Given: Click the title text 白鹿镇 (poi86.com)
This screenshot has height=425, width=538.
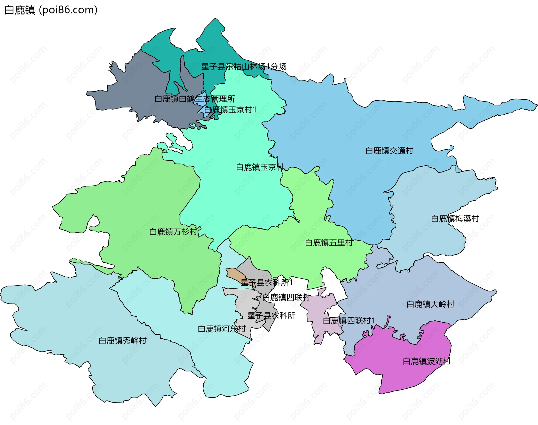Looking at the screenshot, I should pyautogui.click(x=51, y=10).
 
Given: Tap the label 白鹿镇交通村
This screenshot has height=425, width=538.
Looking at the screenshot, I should pyautogui.click(x=389, y=151).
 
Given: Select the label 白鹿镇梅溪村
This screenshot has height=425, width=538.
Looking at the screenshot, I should pyautogui.click(x=455, y=219).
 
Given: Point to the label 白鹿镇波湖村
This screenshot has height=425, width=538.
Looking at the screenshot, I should pyautogui.click(x=426, y=361).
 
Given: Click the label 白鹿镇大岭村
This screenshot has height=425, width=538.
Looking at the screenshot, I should pyautogui.click(x=430, y=304).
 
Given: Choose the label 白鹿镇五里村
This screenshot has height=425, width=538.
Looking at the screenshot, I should pyautogui.click(x=328, y=243).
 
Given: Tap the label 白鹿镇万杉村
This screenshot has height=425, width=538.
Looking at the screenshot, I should pyautogui.click(x=173, y=232).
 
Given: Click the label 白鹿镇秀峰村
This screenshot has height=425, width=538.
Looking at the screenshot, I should pyautogui.click(x=122, y=341).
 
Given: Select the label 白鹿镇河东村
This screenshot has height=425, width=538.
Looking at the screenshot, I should pyautogui.click(x=221, y=329).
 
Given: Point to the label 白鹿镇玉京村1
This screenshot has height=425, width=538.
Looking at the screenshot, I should pyautogui.click(x=230, y=110).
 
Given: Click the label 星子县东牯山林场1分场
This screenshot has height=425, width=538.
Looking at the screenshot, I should pyautogui.click(x=244, y=66).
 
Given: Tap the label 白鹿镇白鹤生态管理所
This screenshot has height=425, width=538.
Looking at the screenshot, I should pyautogui.click(x=194, y=99).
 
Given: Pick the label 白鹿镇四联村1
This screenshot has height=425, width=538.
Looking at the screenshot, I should pyautogui.click(x=349, y=320).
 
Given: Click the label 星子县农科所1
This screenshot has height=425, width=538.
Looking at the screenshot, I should pyautogui.click(x=266, y=282).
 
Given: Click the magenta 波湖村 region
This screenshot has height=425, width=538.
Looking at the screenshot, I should pyautogui.click(x=398, y=373).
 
